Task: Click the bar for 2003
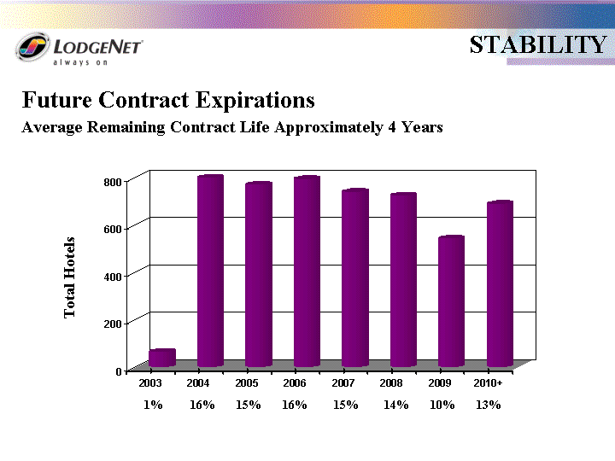(162, 358)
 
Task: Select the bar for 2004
(210, 271)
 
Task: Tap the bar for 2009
(452, 301)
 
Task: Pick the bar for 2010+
(500, 283)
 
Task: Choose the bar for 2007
(355, 278)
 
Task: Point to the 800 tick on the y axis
(126, 182)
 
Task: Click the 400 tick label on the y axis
(113, 277)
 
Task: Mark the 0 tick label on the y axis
(119, 371)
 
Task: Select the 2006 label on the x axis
(295, 383)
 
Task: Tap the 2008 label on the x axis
(391, 383)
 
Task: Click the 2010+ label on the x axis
(488, 383)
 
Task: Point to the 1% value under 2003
(153, 405)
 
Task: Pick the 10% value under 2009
(442, 405)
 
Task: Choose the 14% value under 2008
(395, 405)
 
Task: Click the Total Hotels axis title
(69, 277)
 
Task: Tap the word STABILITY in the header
(538, 44)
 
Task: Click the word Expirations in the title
(255, 101)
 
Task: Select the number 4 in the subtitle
(392, 127)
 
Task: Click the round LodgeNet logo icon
(33, 47)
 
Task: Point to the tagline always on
(80, 62)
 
